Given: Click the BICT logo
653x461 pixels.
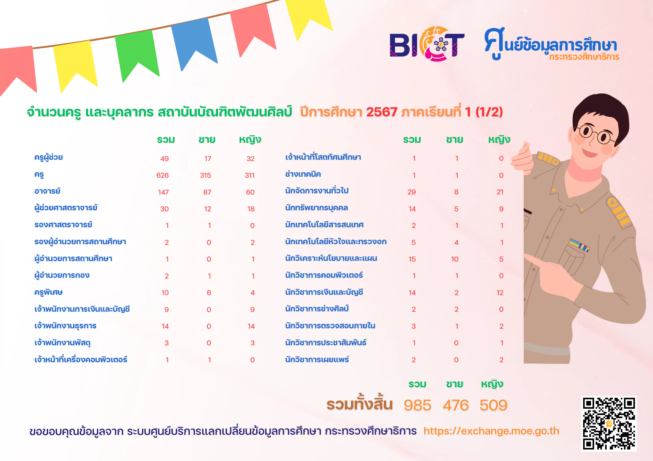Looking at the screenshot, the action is point(427,44).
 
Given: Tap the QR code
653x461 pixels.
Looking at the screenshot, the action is point(609,424).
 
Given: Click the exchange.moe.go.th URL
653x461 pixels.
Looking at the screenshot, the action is point(491,431).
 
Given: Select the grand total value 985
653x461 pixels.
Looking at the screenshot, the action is point(417,405).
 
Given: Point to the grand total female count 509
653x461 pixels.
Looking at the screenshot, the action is point(493,405).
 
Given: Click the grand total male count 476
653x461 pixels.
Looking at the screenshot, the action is point(455,405).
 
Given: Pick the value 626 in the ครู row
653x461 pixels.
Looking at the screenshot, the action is point(163,175).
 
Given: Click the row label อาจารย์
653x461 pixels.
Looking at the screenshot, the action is point(47,191).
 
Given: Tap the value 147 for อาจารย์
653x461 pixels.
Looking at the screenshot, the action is point(163,192).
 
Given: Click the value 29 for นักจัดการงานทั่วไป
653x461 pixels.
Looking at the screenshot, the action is point(412,192).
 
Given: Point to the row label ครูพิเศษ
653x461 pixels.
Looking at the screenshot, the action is point(48,292).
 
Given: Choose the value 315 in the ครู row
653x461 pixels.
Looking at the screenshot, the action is point(206,175).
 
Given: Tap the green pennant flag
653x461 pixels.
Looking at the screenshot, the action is point(137,54).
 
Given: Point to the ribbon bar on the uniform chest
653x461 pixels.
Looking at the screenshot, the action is point(579,245).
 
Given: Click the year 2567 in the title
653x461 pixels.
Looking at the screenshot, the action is point(381,112).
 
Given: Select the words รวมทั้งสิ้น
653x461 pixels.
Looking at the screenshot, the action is point(359,404).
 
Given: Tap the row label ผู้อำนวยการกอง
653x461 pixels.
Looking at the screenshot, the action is point(62,275).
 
